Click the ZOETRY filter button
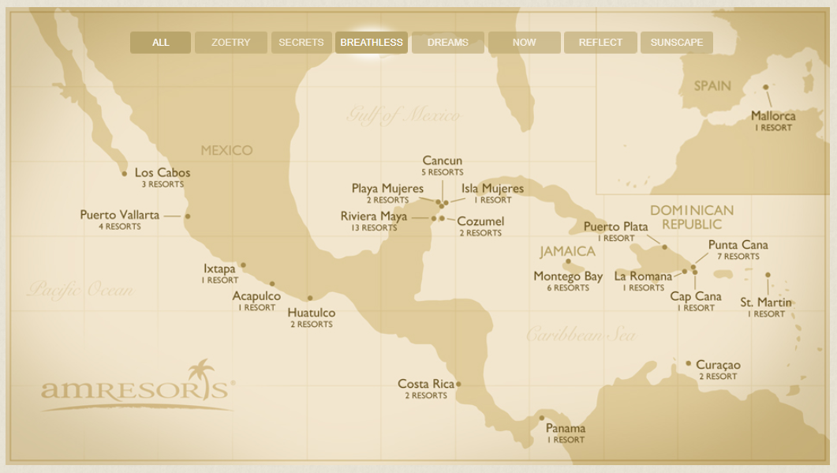(x=230, y=43)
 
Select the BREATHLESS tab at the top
(x=372, y=43)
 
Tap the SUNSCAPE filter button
(x=676, y=43)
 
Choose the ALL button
(x=160, y=43)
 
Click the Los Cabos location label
(x=163, y=173)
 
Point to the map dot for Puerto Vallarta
(x=187, y=216)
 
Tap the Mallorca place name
(x=773, y=116)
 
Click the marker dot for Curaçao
(x=688, y=363)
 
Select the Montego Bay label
(x=568, y=276)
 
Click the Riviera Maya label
(x=374, y=216)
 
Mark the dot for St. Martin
(x=768, y=275)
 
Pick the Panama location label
(x=566, y=429)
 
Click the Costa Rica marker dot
(x=458, y=385)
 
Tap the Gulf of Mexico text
(x=402, y=116)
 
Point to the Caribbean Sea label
(x=581, y=335)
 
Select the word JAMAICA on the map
(x=567, y=252)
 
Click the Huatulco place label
(x=311, y=313)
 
